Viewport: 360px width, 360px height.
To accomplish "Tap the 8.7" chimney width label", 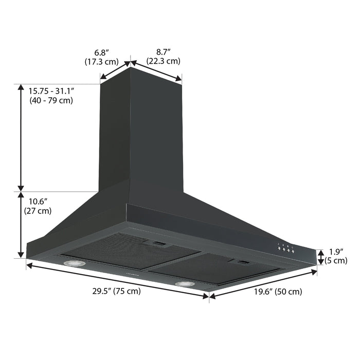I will tap(164, 52).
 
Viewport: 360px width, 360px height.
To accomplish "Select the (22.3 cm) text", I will tap(163, 61).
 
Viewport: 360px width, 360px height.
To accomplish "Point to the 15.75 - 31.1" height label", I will tap(52, 91).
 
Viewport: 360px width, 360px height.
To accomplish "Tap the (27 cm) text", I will tap(38, 210).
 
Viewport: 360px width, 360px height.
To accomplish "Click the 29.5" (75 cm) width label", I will tap(116, 291).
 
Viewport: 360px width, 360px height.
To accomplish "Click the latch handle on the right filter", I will tap(242, 263).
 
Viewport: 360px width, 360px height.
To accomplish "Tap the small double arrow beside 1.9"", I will tap(320, 256).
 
